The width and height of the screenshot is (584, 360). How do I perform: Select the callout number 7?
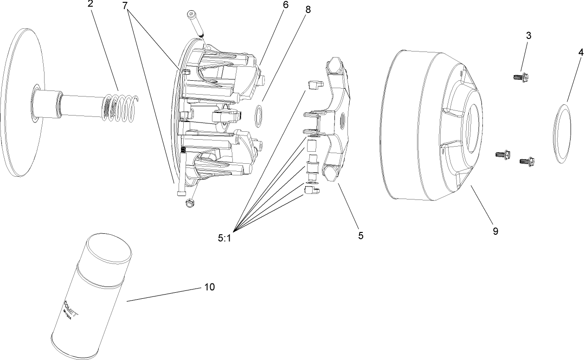point(125,6)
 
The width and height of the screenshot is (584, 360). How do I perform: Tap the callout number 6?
point(285,5)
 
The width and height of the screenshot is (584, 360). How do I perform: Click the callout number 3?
point(528,36)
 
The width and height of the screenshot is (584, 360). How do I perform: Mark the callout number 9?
point(495,231)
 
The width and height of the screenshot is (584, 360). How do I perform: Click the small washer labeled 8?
point(259,116)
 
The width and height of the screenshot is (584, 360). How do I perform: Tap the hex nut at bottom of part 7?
point(189,203)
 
